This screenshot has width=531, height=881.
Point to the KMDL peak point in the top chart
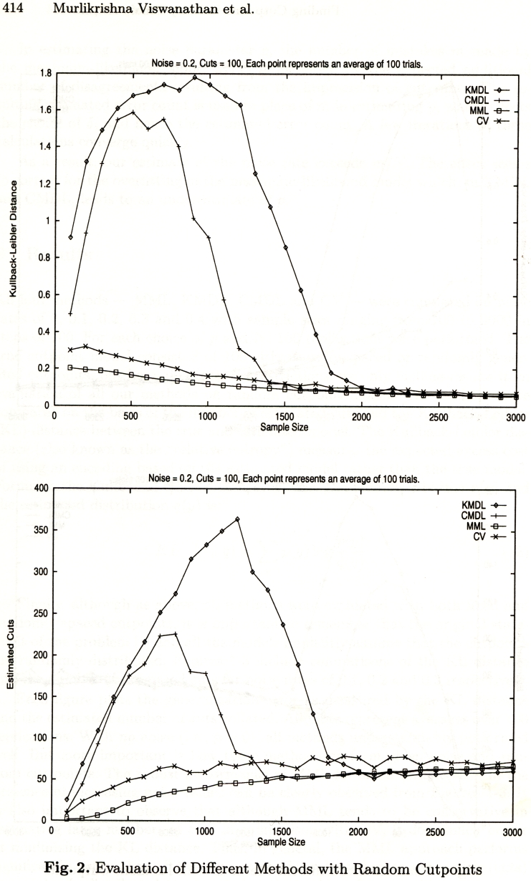coord(194,77)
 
